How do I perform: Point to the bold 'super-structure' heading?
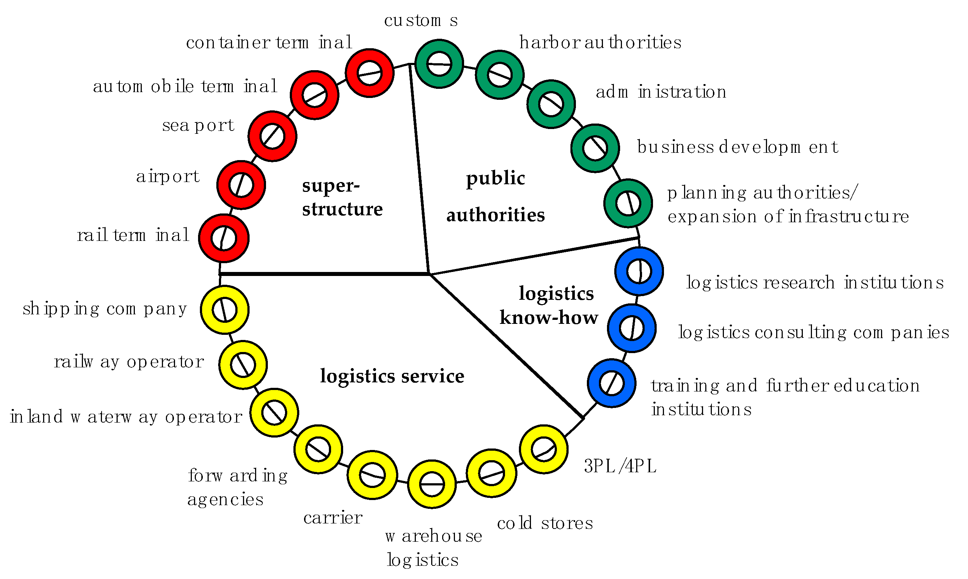[x=342, y=197]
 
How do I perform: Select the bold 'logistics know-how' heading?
[x=549, y=305]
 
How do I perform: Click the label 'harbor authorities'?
[x=600, y=42]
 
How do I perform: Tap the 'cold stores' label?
[x=544, y=523]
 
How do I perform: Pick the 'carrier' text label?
[x=333, y=518]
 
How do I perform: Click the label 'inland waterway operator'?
[x=126, y=417]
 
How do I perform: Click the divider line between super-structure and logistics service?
[x=324, y=274]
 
